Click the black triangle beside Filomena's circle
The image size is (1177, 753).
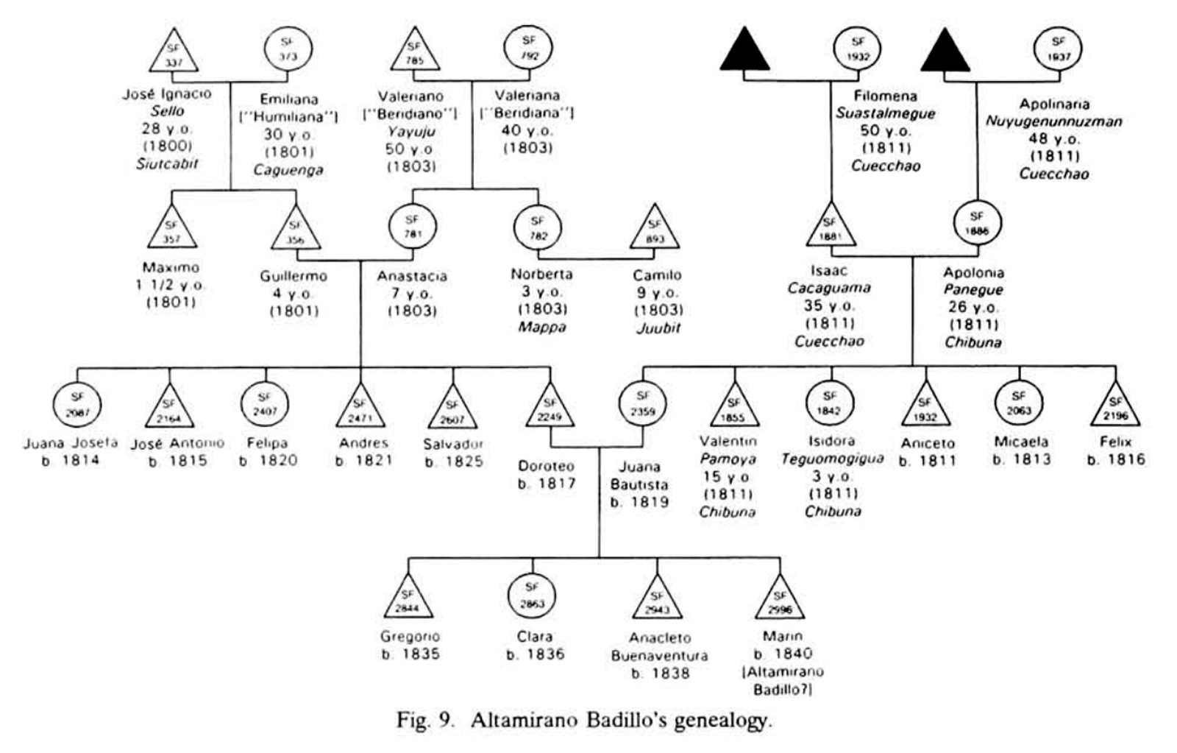pos(745,52)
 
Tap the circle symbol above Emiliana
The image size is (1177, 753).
pos(288,49)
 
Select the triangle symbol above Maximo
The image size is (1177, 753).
pos(171,227)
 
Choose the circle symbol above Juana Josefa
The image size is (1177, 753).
pos(77,406)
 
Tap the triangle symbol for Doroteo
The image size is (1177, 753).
pos(550,407)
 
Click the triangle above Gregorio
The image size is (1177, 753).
pos(408,598)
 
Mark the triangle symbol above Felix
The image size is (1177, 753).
pos(1115,407)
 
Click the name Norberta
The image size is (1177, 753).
pos(542,275)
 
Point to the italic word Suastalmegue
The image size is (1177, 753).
pos(886,113)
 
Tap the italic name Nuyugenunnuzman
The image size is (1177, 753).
pos(1054,121)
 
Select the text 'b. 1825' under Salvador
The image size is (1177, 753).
pos(453,462)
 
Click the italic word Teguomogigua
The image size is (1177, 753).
pos(833,459)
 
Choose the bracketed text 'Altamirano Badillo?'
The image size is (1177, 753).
pos(789,681)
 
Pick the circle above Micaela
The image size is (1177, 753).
pos(1019,406)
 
